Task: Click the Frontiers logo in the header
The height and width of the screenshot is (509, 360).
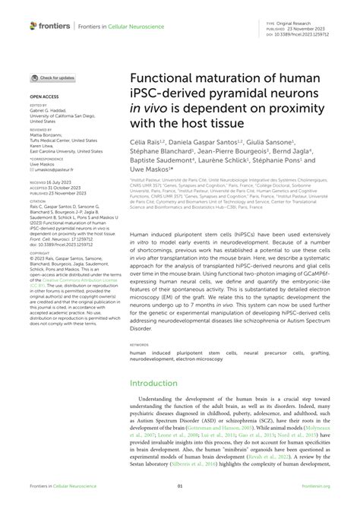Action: pyautogui.click(x=50, y=26)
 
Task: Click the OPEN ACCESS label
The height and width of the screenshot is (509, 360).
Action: pyautogui.click(x=43, y=98)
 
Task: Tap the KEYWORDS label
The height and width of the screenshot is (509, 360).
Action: pyautogui.click(x=141, y=346)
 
